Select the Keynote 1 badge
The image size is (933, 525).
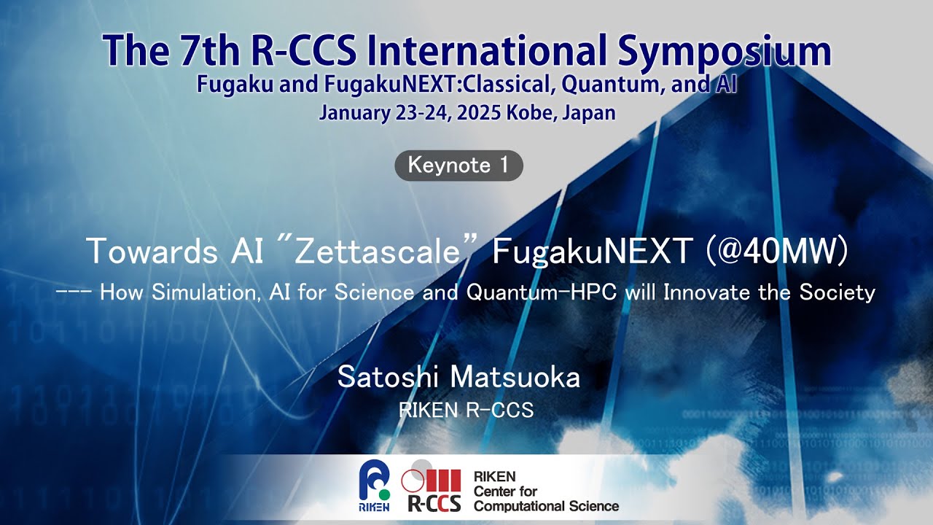pos(458,166)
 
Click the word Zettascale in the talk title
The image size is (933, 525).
pos(380,252)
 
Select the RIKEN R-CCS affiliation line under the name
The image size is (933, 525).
pos(466,411)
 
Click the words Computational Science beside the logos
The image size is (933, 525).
pos(545,505)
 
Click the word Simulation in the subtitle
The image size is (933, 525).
pos(199,293)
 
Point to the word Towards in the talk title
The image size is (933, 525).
pos(148,252)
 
